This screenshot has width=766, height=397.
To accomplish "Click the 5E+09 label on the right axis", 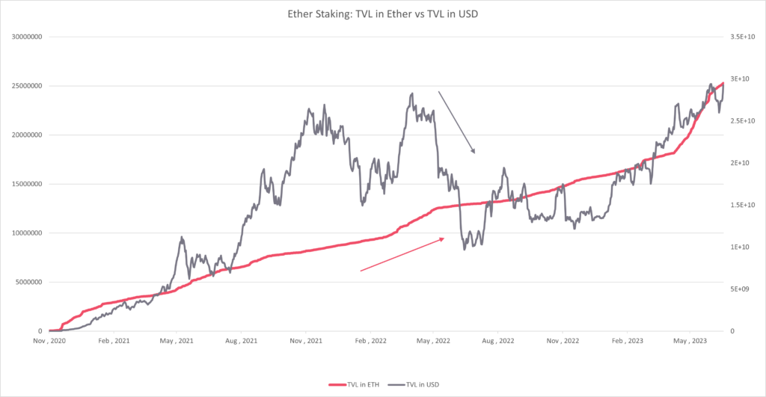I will click(x=741, y=289).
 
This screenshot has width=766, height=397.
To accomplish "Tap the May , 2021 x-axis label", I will click(x=177, y=340).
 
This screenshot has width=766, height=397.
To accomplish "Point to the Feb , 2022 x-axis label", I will click(x=370, y=340).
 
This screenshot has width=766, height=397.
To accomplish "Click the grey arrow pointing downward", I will click(x=456, y=122).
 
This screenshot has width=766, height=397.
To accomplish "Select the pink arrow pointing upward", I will click(x=402, y=254).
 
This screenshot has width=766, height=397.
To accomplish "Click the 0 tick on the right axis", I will click(x=732, y=330).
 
